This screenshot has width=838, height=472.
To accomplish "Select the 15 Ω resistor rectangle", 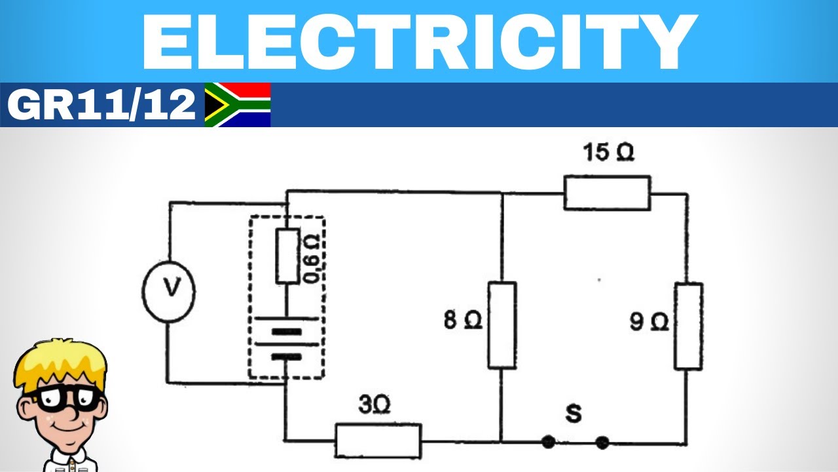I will (607, 193).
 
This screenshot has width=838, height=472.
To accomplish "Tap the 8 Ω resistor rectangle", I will (501, 325).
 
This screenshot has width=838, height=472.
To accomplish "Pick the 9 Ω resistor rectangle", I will (688, 326).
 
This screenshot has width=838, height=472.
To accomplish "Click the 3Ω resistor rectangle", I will (378, 441).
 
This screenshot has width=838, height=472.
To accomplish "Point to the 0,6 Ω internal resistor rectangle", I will (287, 256).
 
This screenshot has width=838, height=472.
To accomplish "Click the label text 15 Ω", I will (608, 153).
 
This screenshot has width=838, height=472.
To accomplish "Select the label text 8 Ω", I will (463, 321).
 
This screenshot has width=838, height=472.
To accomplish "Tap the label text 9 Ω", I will (649, 322).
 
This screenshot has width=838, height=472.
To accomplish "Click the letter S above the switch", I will (574, 414).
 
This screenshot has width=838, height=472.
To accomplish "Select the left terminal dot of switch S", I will (549, 442).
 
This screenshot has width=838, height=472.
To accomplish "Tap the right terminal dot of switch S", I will (602, 442).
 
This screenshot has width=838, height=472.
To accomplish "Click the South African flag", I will (237, 105).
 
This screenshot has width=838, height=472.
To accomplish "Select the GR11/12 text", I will (101, 105).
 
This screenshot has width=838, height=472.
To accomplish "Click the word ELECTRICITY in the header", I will (419, 41).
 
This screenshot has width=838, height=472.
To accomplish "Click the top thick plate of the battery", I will (287, 331).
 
